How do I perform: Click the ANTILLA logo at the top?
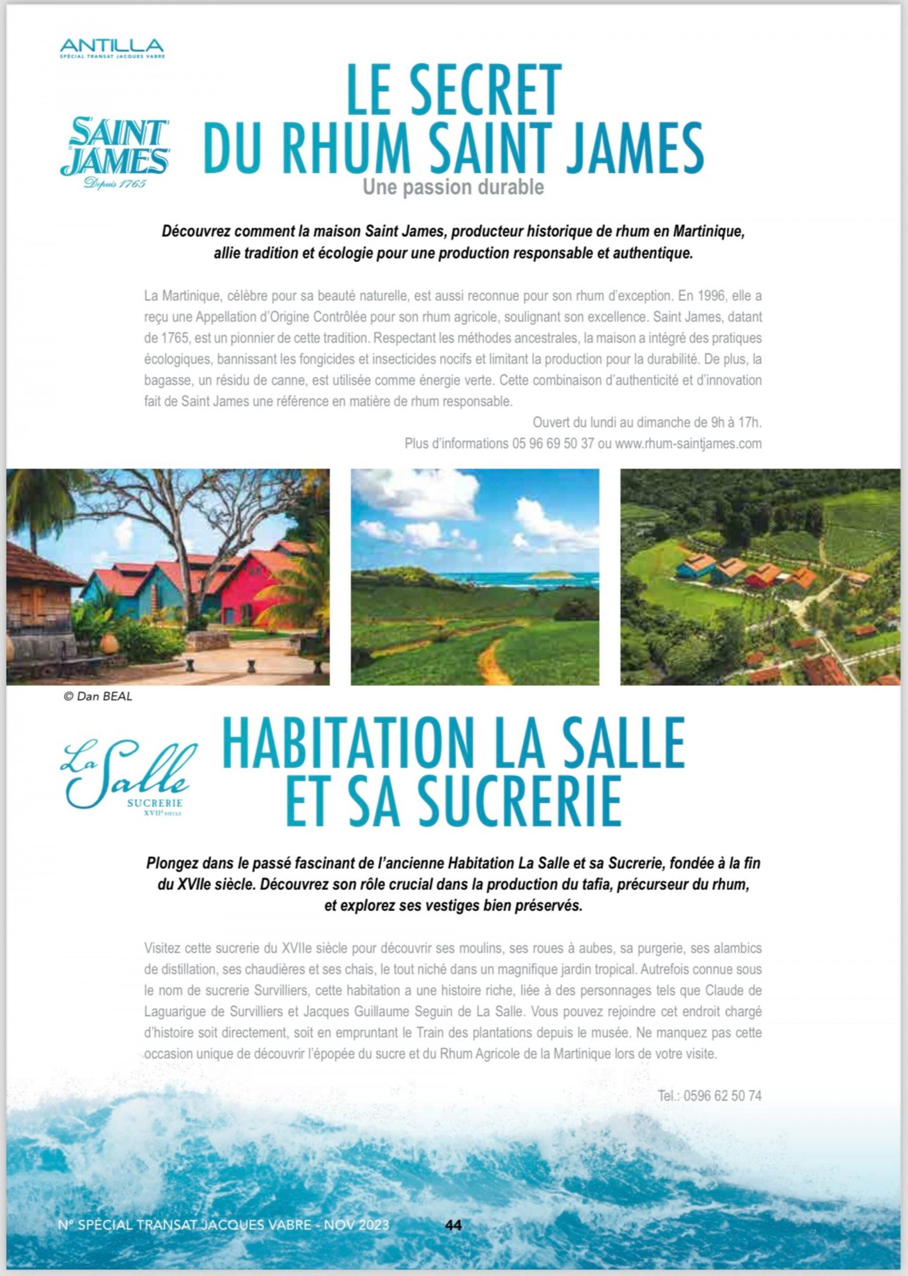point(112,47)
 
